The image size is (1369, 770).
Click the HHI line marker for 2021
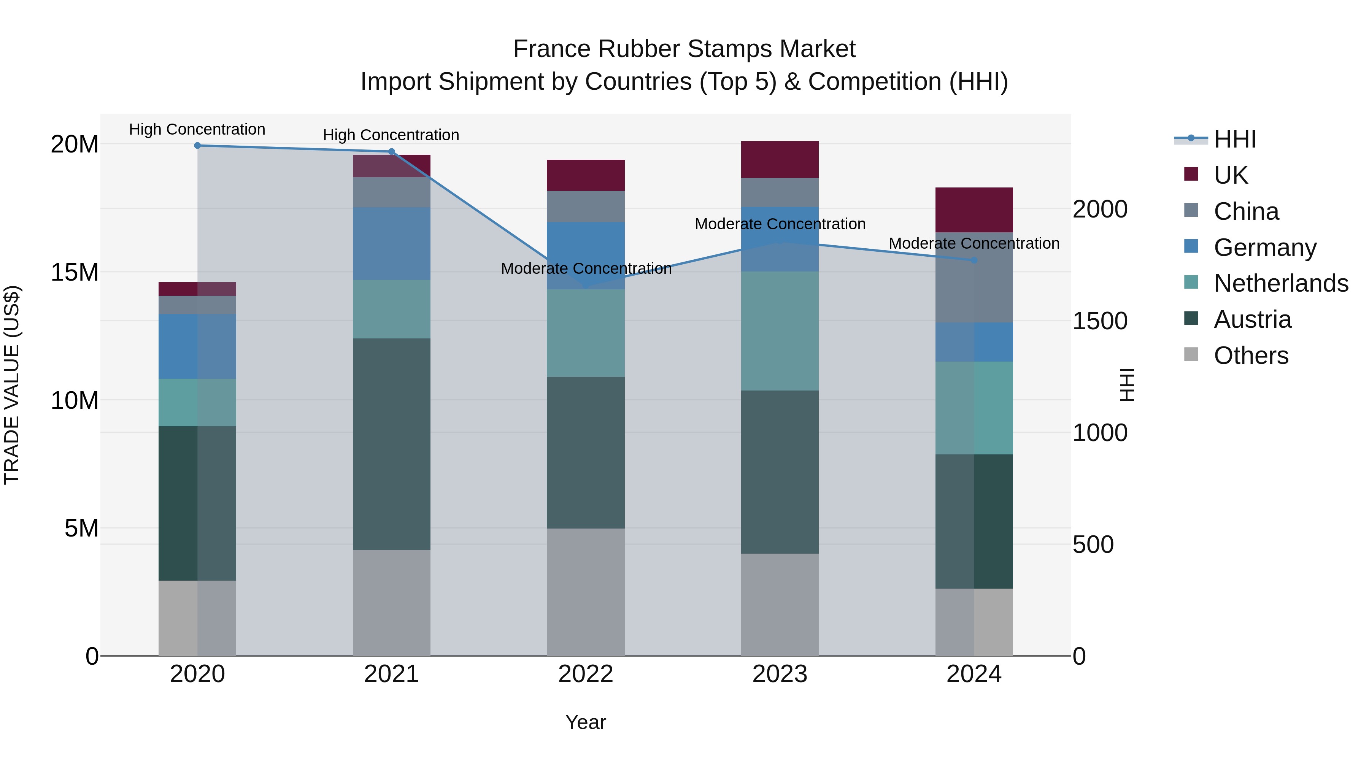[392, 151]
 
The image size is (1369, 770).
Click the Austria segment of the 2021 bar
[392, 444]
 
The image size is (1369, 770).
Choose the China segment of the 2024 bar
[974, 278]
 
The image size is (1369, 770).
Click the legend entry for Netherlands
[1281, 283]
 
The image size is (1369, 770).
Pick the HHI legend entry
[1234, 139]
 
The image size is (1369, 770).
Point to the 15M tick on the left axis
[75, 272]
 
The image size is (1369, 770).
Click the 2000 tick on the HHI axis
[1099, 210]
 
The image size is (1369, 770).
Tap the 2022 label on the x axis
[586, 674]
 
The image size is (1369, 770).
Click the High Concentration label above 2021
[391, 135]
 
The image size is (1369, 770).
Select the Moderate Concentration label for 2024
[974, 243]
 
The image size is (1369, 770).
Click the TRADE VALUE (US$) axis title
[12, 385]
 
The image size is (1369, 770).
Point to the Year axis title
[586, 722]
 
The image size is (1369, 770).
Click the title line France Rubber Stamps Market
[684, 49]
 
